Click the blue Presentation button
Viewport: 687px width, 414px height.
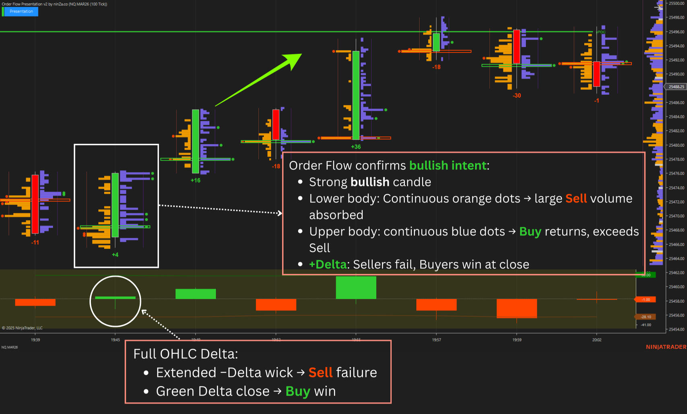[21, 11]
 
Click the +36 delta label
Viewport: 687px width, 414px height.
[356, 147]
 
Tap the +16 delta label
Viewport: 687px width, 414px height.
[195, 180]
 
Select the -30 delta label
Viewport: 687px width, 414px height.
[517, 96]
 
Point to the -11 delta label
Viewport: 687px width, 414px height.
[35, 243]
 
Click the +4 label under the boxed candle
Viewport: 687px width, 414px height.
[115, 255]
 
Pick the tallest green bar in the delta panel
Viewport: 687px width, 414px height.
[356, 287]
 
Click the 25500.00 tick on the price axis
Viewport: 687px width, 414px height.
[676, 3]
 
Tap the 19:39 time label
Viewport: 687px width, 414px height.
[35, 340]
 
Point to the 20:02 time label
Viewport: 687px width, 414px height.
[596, 340]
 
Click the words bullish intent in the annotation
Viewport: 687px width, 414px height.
[448, 165]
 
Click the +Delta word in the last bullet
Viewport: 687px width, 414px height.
[328, 264]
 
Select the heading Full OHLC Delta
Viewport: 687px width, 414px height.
[186, 354]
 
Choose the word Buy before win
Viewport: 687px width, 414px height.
[298, 391]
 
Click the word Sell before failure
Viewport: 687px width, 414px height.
[320, 372]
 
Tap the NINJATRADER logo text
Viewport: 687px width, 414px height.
[666, 347]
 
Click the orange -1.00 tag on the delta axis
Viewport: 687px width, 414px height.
[646, 300]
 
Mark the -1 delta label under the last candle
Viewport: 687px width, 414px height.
[596, 100]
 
